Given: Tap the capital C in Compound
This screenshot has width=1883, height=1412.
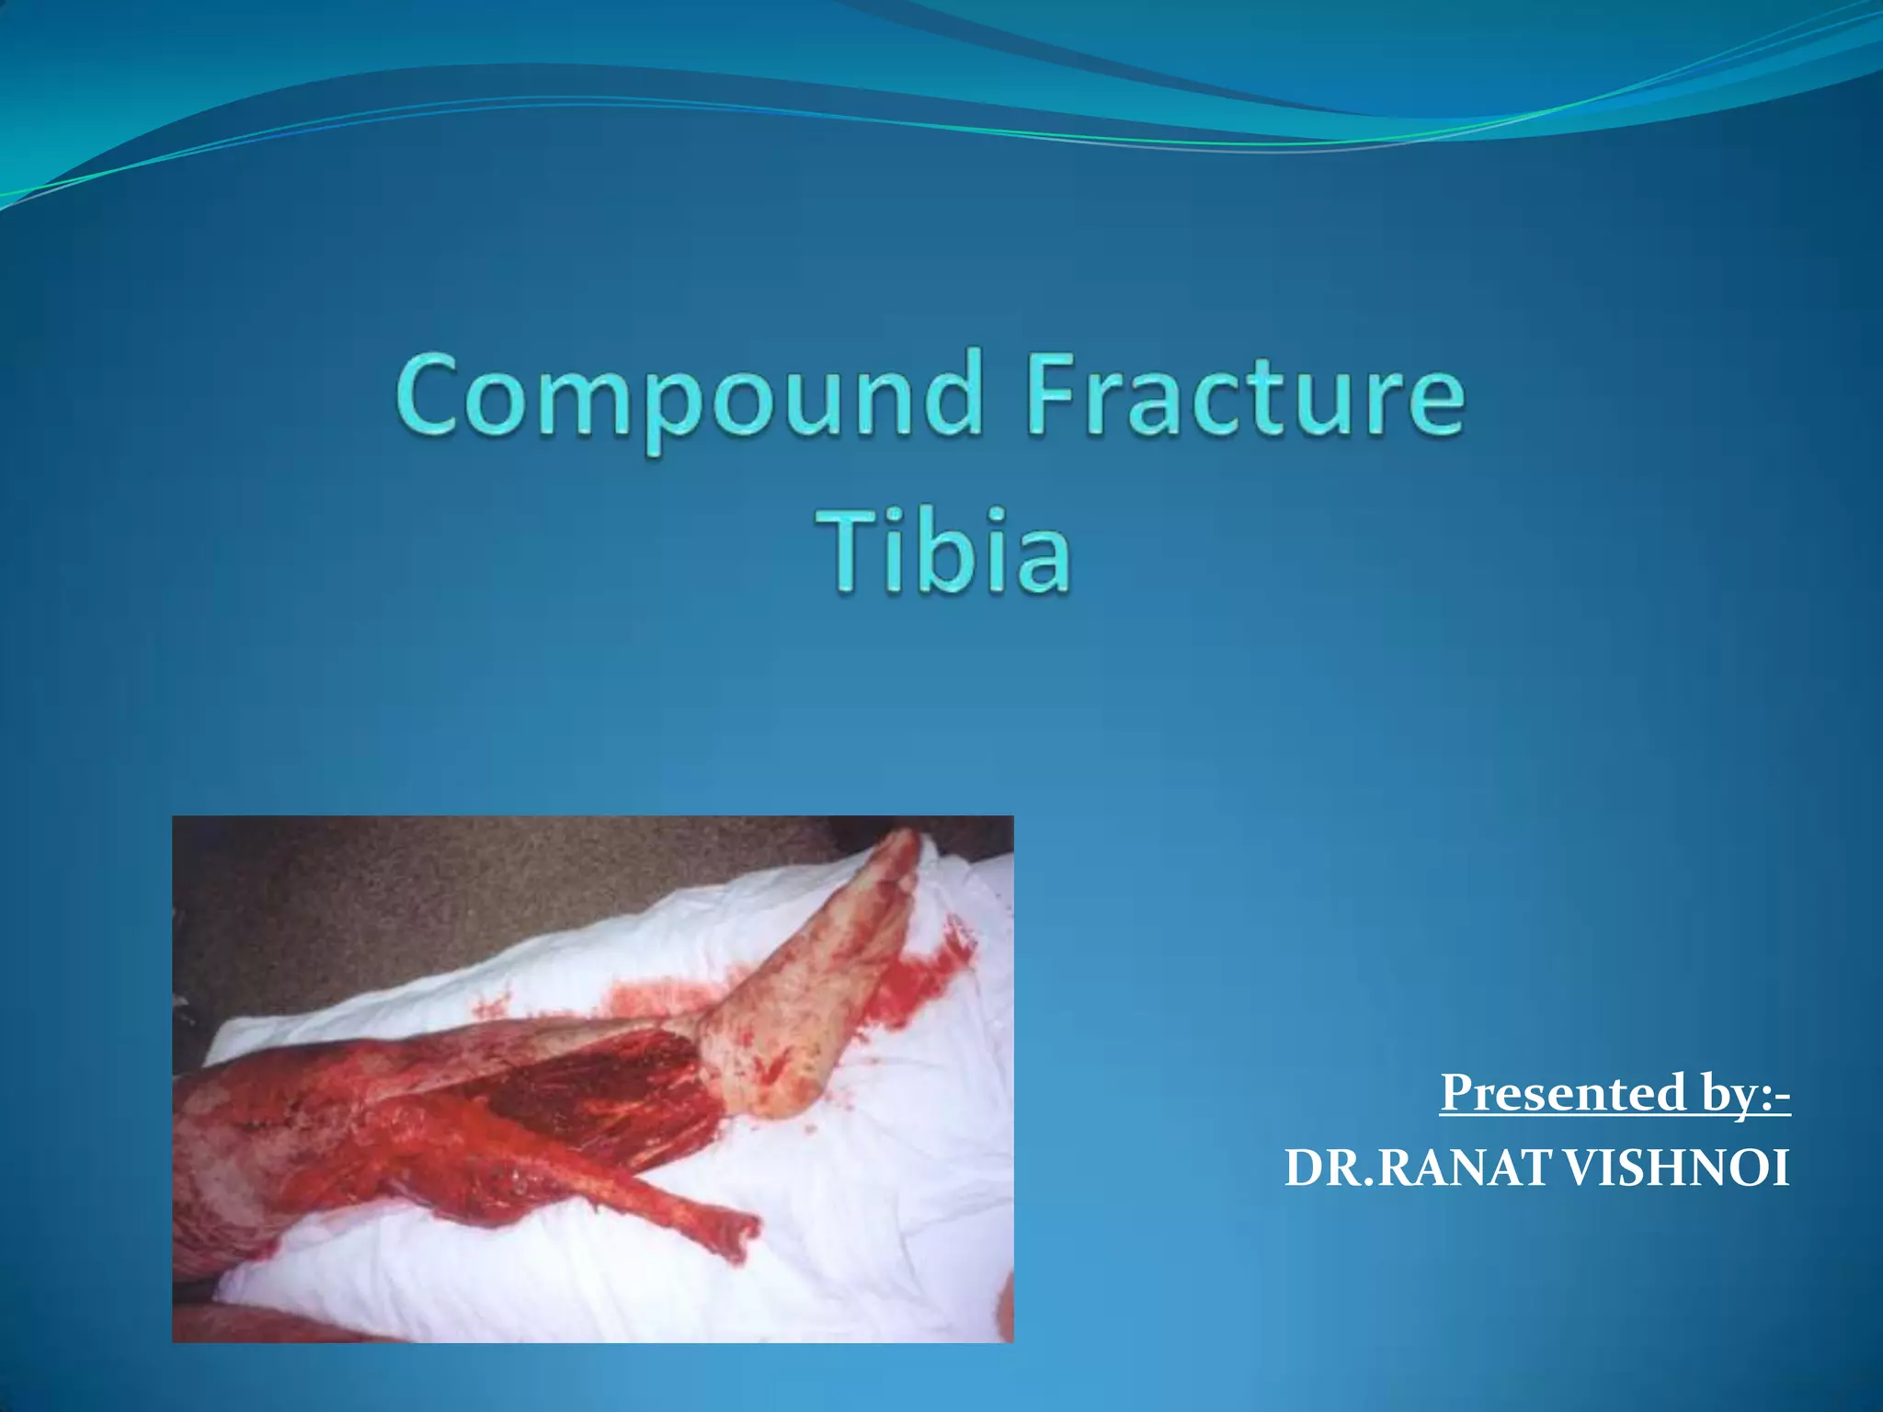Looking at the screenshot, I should tap(428, 395).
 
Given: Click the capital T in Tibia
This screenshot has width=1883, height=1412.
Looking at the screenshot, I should tap(850, 551).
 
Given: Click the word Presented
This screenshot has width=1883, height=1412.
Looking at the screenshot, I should tap(1562, 1093).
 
